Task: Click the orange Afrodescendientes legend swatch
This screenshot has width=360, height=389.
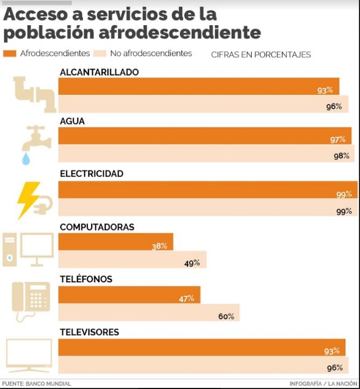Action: (x=10, y=53)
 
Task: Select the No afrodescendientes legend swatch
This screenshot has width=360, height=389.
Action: (x=100, y=53)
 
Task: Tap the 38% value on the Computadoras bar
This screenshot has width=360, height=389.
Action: (x=159, y=246)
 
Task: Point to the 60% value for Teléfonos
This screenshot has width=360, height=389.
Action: (x=226, y=316)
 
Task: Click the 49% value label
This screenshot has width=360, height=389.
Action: (x=192, y=263)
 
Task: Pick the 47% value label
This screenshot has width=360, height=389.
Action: (x=186, y=298)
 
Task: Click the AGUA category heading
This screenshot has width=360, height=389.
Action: (x=72, y=122)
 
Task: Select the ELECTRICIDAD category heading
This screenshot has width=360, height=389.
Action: (x=92, y=174)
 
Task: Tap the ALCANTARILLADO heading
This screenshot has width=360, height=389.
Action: (x=99, y=72)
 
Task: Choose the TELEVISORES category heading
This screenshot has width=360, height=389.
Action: (x=89, y=332)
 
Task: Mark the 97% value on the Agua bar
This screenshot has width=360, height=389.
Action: (x=337, y=140)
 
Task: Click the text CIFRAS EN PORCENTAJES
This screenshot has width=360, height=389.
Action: (x=261, y=54)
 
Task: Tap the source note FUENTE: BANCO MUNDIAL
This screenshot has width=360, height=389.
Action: (x=37, y=384)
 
